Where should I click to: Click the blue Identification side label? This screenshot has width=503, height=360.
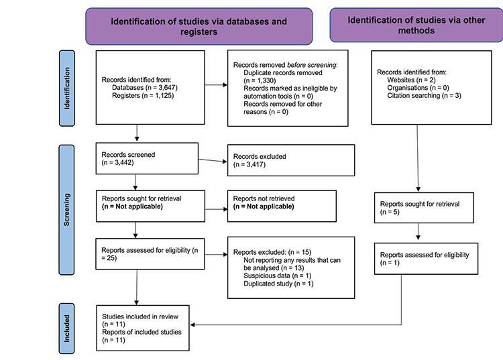click(x=66, y=88)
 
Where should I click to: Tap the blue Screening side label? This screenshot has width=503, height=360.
click(x=66, y=210)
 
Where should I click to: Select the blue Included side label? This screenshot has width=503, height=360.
click(x=66, y=328)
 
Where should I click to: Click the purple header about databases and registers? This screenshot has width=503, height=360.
click(x=199, y=26)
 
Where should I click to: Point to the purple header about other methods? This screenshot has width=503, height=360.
click(x=416, y=25)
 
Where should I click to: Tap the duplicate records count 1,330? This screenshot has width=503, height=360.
click(x=260, y=80)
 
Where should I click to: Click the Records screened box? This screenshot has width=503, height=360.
click(x=147, y=158)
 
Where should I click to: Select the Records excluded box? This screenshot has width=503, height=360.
click(x=291, y=160)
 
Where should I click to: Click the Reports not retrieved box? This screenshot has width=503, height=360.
click(x=282, y=206)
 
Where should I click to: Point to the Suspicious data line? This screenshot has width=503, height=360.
click(x=278, y=276)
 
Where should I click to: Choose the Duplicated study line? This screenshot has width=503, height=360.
click(x=278, y=284)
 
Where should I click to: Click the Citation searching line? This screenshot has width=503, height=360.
click(x=424, y=95)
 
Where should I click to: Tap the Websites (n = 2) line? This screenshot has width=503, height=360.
click(x=411, y=80)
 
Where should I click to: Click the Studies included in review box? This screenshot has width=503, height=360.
click(x=143, y=328)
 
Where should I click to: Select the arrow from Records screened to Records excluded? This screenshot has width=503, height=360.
click(x=213, y=160)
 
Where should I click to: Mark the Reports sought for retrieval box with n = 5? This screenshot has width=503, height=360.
click(x=424, y=208)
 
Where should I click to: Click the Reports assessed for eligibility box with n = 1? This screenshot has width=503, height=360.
click(x=426, y=259)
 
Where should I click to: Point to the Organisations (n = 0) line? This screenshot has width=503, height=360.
click(x=418, y=88)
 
